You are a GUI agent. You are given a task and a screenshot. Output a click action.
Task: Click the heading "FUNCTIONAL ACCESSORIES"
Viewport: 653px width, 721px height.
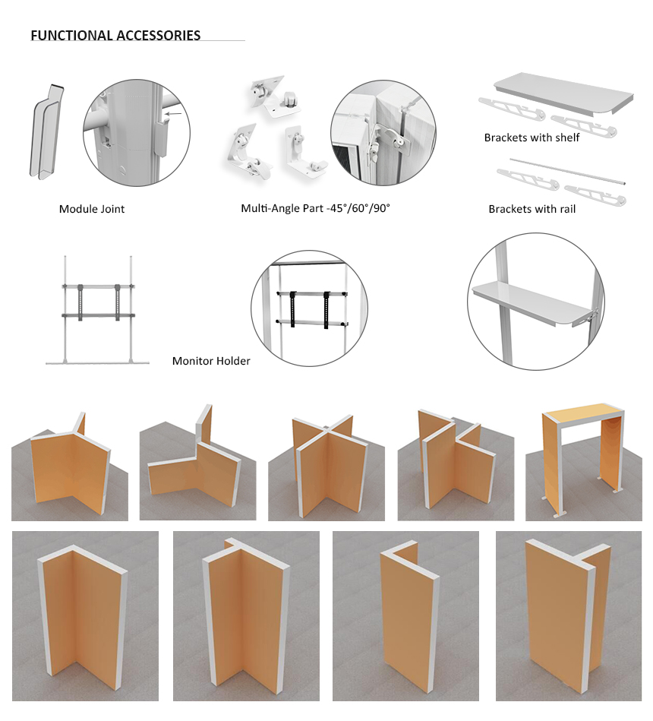tap(115, 36)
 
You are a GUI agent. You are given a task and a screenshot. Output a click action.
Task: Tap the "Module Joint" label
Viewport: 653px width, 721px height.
tap(92, 209)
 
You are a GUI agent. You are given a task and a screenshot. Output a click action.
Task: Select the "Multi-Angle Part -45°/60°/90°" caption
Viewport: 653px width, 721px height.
tap(315, 208)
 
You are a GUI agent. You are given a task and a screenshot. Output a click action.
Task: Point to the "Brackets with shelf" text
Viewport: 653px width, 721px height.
tap(532, 138)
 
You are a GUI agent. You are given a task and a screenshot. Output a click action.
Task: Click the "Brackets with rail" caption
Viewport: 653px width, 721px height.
tap(532, 209)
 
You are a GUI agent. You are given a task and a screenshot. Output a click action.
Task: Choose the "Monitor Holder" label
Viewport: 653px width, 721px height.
tap(211, 361)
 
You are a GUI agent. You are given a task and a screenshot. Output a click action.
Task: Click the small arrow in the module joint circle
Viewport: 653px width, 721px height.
tap(174, 113)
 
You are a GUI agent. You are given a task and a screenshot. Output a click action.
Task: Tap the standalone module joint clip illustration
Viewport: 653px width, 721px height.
tap(46, 132)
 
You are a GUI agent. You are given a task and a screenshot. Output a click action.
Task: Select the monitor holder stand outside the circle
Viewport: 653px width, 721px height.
tap(97, 310)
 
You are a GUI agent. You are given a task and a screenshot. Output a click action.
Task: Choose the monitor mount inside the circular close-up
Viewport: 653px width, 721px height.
tap(311, 308)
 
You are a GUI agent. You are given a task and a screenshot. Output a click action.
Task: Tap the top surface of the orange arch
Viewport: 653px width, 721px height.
tap(582, 413)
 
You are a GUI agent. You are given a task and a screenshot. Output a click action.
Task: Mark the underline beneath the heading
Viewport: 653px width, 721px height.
tap(137, 41)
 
